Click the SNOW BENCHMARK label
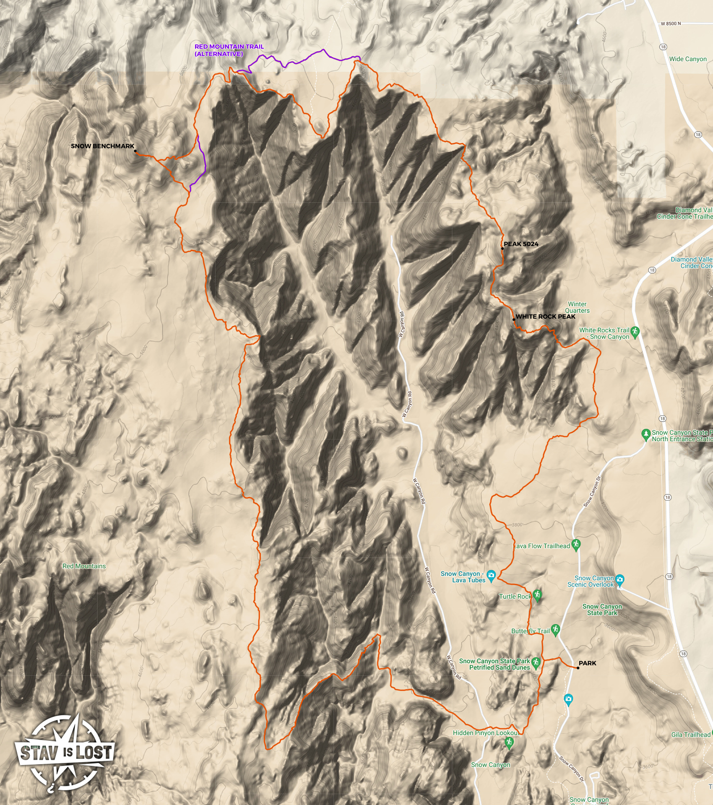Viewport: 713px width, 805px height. click(102, 146)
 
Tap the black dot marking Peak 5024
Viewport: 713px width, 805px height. click(502, 249)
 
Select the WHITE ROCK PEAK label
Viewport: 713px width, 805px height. click(545, 317)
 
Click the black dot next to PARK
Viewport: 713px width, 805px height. click(578, 668)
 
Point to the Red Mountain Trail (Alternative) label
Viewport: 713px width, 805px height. click(229, 50)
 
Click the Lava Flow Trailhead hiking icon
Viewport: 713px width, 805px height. click(576, 545)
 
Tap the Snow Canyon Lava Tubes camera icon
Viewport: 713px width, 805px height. click(492, 575)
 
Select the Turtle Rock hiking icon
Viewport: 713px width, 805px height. click(537, 595)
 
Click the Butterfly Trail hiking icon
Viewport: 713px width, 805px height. click(556, 629)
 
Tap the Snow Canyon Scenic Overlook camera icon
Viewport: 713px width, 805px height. click(620, 580)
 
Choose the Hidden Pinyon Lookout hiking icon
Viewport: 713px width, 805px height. click(509, 743)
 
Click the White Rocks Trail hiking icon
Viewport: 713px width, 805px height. click(635, 332)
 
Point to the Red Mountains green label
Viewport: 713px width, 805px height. click(84, 566)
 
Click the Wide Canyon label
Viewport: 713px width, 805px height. click(688, 59)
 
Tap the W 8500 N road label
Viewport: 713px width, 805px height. click(671, 23)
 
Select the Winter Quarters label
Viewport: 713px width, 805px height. click(577, 307)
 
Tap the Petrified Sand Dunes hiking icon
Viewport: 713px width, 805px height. click(536, 662)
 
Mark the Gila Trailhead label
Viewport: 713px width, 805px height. click(690, 735)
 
